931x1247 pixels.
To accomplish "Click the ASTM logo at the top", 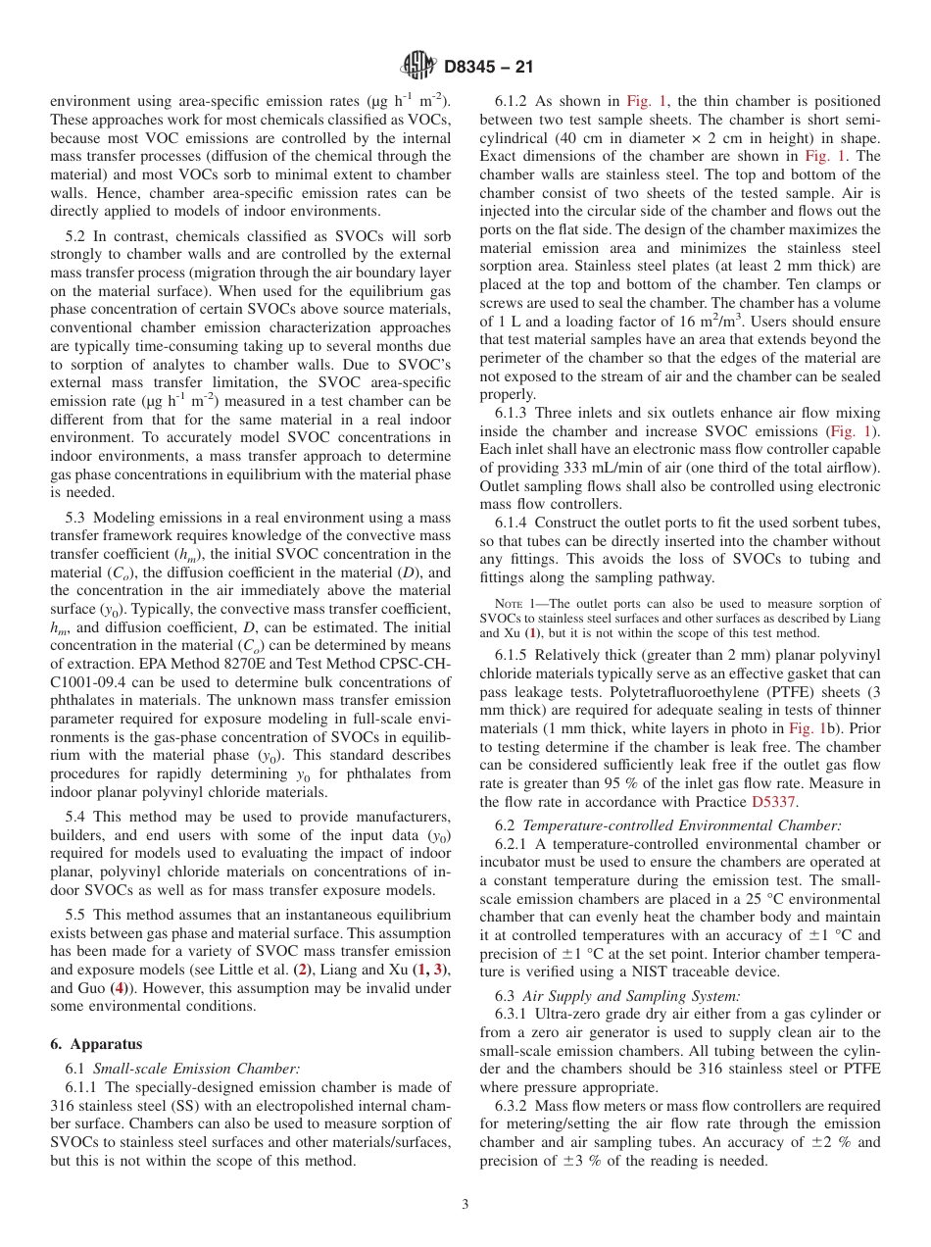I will (419, 67).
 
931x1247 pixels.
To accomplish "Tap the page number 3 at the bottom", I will (465, 1205).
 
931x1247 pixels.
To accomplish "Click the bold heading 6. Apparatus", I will (96, 1044).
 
